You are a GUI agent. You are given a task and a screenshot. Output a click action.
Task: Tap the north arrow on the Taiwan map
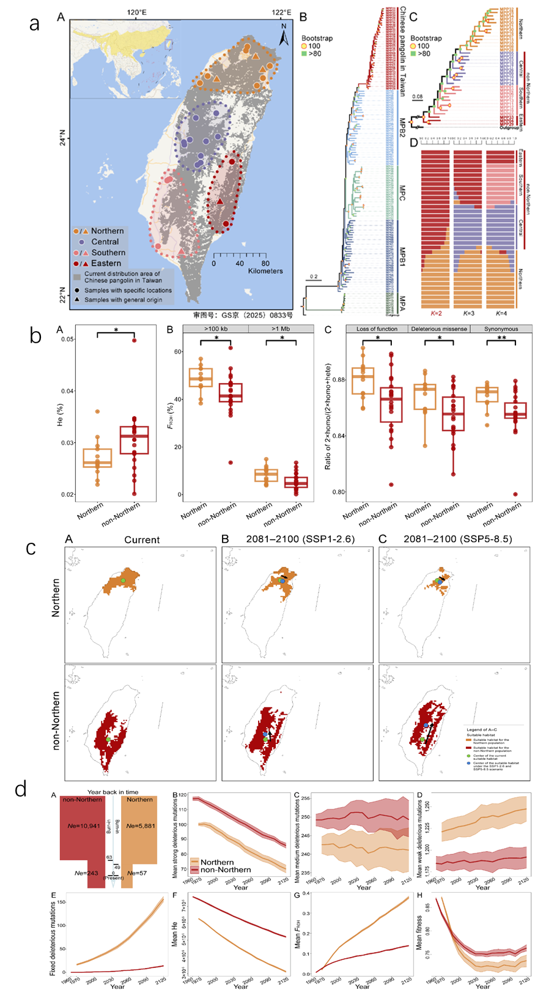tap(283, 36)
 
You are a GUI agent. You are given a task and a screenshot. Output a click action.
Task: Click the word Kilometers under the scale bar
tap(265, 271)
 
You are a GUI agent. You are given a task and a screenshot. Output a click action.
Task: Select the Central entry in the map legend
tap(105, 242)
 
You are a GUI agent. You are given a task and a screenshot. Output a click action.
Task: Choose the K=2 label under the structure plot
tap(436, 313)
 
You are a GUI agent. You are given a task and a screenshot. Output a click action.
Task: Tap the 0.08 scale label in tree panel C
tap(418, 97)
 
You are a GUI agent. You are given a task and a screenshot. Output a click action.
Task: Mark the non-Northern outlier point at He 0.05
tap(135, 340)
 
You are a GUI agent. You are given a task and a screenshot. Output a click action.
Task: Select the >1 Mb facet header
tap(281, 329)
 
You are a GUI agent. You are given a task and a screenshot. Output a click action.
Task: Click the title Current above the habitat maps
tap(142, 540)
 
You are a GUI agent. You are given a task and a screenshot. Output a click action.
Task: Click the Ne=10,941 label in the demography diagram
tap(83, 826)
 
